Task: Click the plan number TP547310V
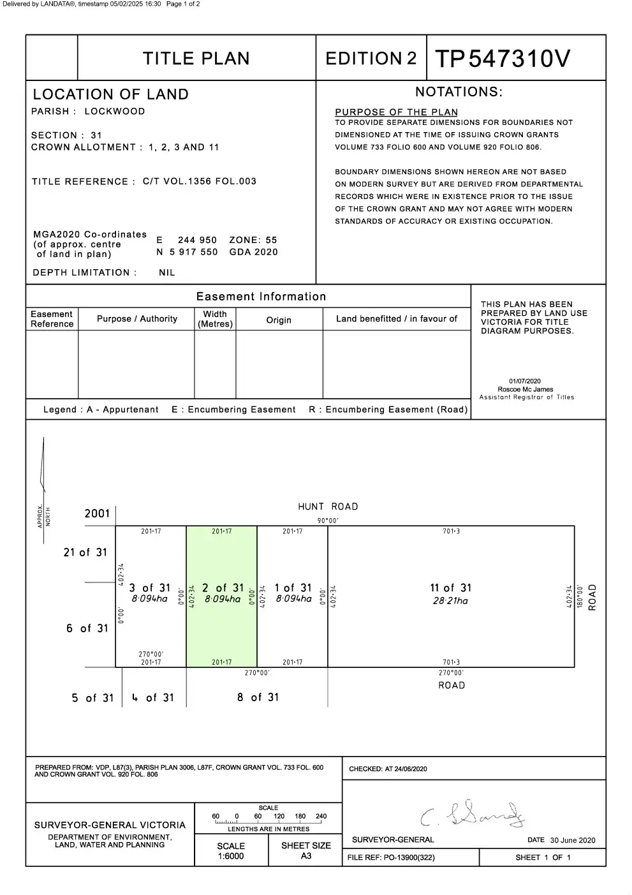click(x=503, y=59)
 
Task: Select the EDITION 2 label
click(x=371, y=59)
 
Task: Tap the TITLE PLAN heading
click(x=196, y=59)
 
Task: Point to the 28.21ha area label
click(x=450, y=601)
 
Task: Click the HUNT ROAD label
click(x=328, y=507)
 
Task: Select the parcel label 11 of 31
click(x=450, y=588)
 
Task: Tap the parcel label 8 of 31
click(x=258, y=697)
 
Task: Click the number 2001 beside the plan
click(x=97, y=514)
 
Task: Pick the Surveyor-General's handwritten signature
click(x=473, y=815)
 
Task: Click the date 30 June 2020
click(x=573, y=840)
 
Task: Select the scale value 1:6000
click(x=231, y=856)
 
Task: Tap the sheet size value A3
click(x=306, y=856)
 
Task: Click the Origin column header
click(x=279, y=320)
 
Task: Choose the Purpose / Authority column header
click(x=137, y=318)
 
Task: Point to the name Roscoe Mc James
click(x=525, y=389)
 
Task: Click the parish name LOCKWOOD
click(x=115, y=111)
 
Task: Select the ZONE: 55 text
click(x=253, y=240)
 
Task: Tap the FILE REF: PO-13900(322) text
click(x=391, y=857)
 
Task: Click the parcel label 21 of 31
click(x=85, y=552)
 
